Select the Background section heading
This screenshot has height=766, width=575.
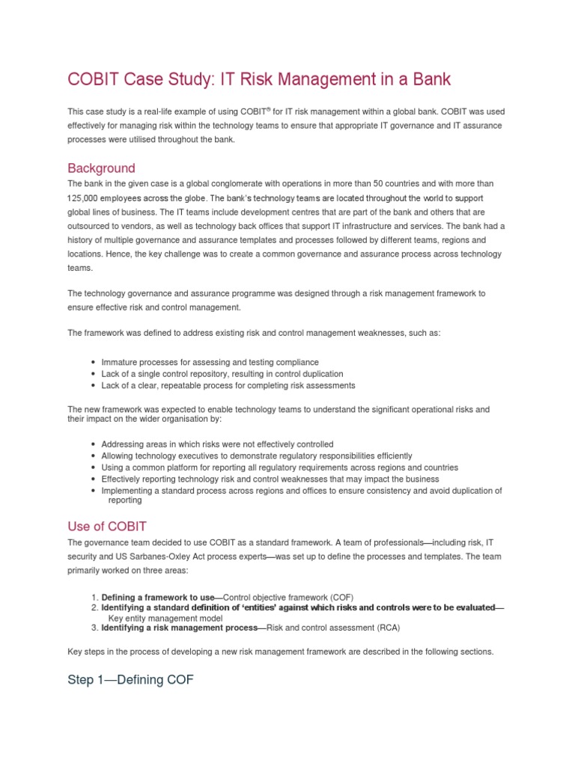click(101, 168)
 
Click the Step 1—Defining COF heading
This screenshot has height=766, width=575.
click(130, 681)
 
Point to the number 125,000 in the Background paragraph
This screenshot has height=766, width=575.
click(85, 197)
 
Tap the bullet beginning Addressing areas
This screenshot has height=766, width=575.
click(217, 444)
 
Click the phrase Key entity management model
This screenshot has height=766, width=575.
click(166, 619)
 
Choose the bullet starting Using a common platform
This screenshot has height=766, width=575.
click(279, 467)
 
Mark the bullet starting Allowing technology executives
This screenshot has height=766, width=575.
click(256, 456)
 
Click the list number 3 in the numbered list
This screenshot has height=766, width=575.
click(94, 628)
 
